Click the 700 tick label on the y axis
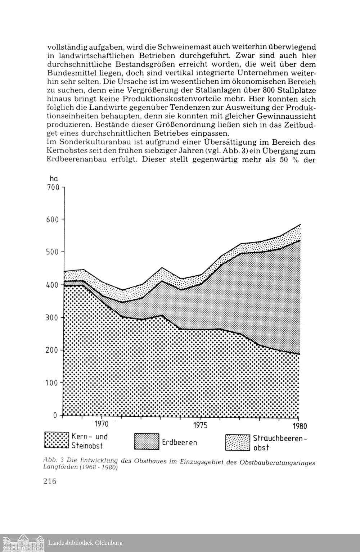click(x=53, y=187)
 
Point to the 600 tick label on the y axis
click(x=53, y=220)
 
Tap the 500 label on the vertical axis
click(x=53, y=252)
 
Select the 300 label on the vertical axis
click(x=53, y=318)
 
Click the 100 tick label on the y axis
click(x=53, y=383)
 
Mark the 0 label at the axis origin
click(x=55, y=415)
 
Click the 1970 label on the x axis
click(x=102, y=424)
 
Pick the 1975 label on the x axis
click(x=200, y=426)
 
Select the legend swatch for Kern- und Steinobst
click(x=57, y=440)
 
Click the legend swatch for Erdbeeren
click(x=147, y=442)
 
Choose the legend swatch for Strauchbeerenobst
click(x=237, y=442)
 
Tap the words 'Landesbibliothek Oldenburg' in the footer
click(x=86, y=543)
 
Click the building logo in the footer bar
click(x=23, y=543)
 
